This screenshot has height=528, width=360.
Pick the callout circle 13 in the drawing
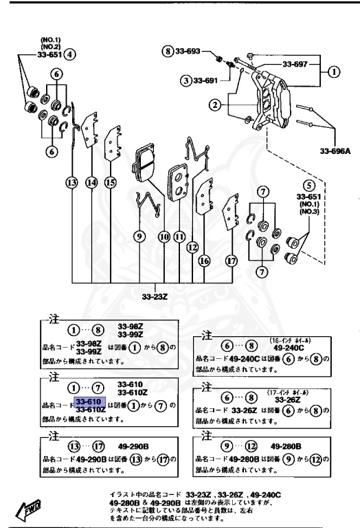[x=72, y=182]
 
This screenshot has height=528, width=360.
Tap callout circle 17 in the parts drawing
[x=232, y=261]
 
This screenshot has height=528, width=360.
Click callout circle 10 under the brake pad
[x=164, y=236]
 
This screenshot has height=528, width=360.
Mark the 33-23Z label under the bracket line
[x=155, y=298]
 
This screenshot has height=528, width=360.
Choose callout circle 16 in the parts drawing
[x=205, y=261]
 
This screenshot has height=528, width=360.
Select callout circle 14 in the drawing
[x=91, y=182]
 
